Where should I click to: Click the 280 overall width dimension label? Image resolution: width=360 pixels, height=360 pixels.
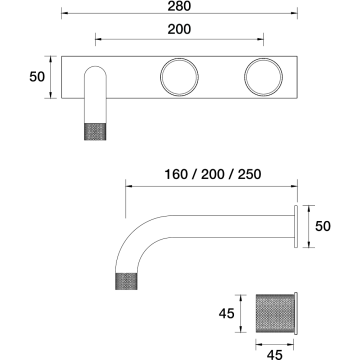(179, 6)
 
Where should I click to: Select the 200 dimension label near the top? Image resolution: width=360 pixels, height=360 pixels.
(179, 29)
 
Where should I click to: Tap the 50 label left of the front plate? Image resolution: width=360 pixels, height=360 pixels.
(37, 77)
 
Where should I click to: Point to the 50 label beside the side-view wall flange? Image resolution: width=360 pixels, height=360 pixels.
(323, 226)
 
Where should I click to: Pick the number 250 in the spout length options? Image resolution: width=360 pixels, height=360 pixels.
(249, 174)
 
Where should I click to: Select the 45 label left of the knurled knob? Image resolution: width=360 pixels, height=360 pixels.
(227, 314)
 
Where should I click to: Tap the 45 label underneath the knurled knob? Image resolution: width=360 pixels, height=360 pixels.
(275, 355)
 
